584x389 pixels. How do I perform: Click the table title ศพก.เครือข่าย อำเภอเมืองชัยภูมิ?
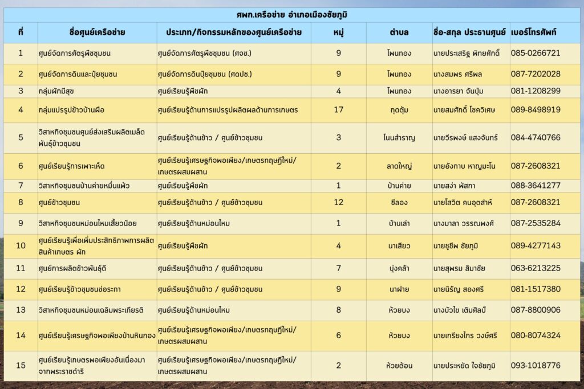point(291,14)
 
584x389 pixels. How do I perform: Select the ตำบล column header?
point(399,33)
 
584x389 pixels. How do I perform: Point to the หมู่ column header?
point(338,33)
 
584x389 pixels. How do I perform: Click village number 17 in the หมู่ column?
point(338,109)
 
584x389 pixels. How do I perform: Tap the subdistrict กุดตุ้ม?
point(399,109)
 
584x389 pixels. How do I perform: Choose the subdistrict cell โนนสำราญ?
point(399,137)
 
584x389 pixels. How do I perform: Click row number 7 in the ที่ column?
point(21,186)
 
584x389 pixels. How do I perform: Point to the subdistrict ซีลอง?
point(399,202)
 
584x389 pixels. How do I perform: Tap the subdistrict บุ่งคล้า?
point(399,268)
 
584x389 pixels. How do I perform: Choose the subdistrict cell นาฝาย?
point(399,289)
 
